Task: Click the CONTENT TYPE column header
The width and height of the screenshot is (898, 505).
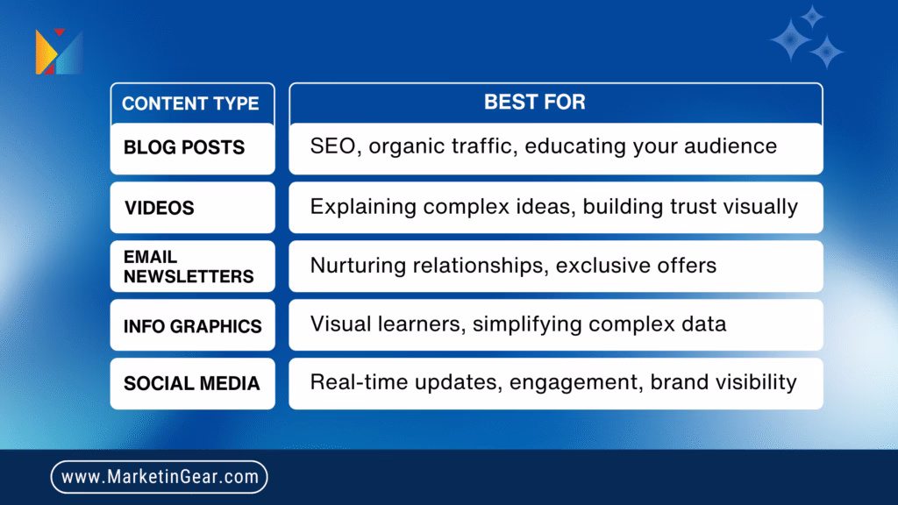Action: point(190,103)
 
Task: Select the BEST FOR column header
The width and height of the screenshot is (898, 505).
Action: point(535,102)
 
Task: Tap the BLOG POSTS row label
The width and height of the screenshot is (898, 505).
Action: point(184,147)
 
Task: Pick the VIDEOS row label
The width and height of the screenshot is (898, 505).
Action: point(160,208)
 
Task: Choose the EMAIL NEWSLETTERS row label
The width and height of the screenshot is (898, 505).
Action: point(189,267)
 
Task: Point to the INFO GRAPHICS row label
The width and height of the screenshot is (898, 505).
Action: point(192,326)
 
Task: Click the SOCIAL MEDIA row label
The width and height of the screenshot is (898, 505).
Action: point(192,383)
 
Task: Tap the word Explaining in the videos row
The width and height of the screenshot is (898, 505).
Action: point(363,207)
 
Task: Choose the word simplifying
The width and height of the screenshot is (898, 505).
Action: point(527,324)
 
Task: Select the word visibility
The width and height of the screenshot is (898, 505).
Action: point(759,382)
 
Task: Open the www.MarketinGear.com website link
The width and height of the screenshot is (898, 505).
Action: point(160,477)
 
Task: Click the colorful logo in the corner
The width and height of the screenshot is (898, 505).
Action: point(59,52)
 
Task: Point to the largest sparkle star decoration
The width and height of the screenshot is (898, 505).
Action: point(790,40)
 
